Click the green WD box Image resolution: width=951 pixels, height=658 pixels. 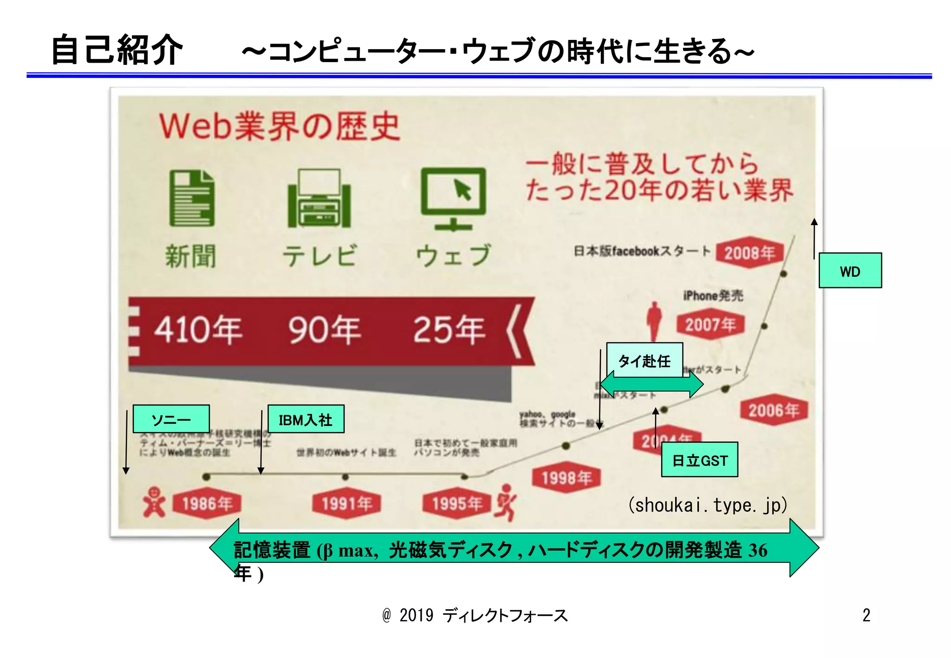(850, 271)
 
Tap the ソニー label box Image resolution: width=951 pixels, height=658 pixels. (171, 419)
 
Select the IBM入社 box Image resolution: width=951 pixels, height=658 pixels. (306, 419)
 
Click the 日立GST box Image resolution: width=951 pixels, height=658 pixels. (699, 459)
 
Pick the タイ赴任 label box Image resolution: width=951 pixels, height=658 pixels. (645, 360)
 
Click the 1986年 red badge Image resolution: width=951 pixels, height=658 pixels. (207, 503)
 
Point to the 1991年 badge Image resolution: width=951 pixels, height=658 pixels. (346, 503)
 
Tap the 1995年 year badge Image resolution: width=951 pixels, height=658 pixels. (457, 503)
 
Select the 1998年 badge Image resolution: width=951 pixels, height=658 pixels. (566, 477)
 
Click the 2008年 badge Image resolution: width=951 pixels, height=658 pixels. (749, 253)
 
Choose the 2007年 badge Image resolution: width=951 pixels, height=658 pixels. (710, 324)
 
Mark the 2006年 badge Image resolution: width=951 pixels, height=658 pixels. (773, 410)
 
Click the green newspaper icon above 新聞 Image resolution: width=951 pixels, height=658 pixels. (192, 198)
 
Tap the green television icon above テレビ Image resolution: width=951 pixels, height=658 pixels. (319, 198)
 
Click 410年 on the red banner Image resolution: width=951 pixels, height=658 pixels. (198, 330)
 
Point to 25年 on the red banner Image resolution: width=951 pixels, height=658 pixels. (449, 330)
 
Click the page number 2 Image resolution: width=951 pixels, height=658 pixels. (866, 615)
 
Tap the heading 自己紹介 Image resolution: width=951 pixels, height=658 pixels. (117, 50)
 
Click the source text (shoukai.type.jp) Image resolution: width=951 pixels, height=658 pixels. (707, 505)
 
